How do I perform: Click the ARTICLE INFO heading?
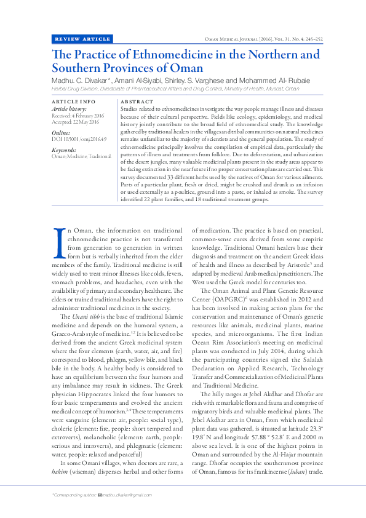[73, 101]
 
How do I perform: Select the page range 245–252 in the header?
[309, 39]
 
